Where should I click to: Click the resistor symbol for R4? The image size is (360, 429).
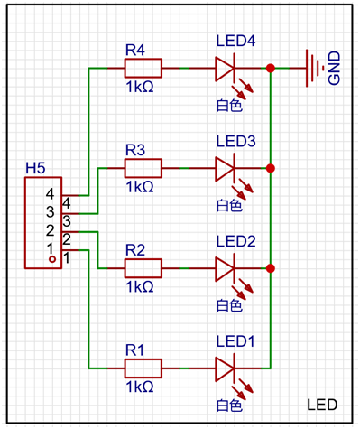143,69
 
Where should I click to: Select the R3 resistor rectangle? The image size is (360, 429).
143,168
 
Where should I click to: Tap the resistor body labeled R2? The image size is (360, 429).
143,268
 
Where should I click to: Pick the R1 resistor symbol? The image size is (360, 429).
143,368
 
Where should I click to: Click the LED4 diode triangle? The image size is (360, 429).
225,69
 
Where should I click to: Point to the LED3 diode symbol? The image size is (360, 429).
225,168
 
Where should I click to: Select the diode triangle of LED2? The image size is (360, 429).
225,268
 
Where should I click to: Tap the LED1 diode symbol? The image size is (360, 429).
225,368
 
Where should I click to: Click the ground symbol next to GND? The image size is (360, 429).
315,69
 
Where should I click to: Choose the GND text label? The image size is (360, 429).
334,68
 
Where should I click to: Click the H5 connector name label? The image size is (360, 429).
35,168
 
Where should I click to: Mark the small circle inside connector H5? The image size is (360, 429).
52,259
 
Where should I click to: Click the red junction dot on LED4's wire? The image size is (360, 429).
271,69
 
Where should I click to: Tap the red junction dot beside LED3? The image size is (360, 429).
271,168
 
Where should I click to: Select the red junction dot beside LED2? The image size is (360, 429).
271,268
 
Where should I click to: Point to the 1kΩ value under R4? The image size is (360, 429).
140,87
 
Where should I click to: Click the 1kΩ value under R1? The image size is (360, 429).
140,387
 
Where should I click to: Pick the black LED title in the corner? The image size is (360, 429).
322,405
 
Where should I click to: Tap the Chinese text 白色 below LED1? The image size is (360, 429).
229,406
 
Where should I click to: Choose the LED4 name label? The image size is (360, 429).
235,41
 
